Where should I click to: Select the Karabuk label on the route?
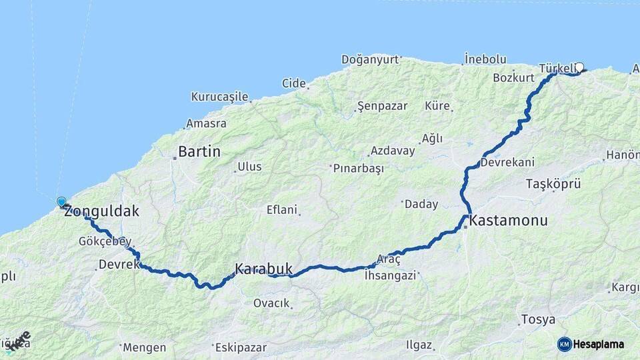263,269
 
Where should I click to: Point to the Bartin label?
199,152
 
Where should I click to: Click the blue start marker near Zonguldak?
61,202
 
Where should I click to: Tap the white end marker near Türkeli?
579,67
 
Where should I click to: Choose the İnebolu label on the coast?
485,58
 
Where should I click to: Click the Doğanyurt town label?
370,59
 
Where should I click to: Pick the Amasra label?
206,123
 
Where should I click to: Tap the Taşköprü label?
554,183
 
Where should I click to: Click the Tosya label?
537,319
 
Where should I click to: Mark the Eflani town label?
281,209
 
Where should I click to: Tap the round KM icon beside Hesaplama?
565,344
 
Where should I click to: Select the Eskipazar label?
240,347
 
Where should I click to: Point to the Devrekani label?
507,162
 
